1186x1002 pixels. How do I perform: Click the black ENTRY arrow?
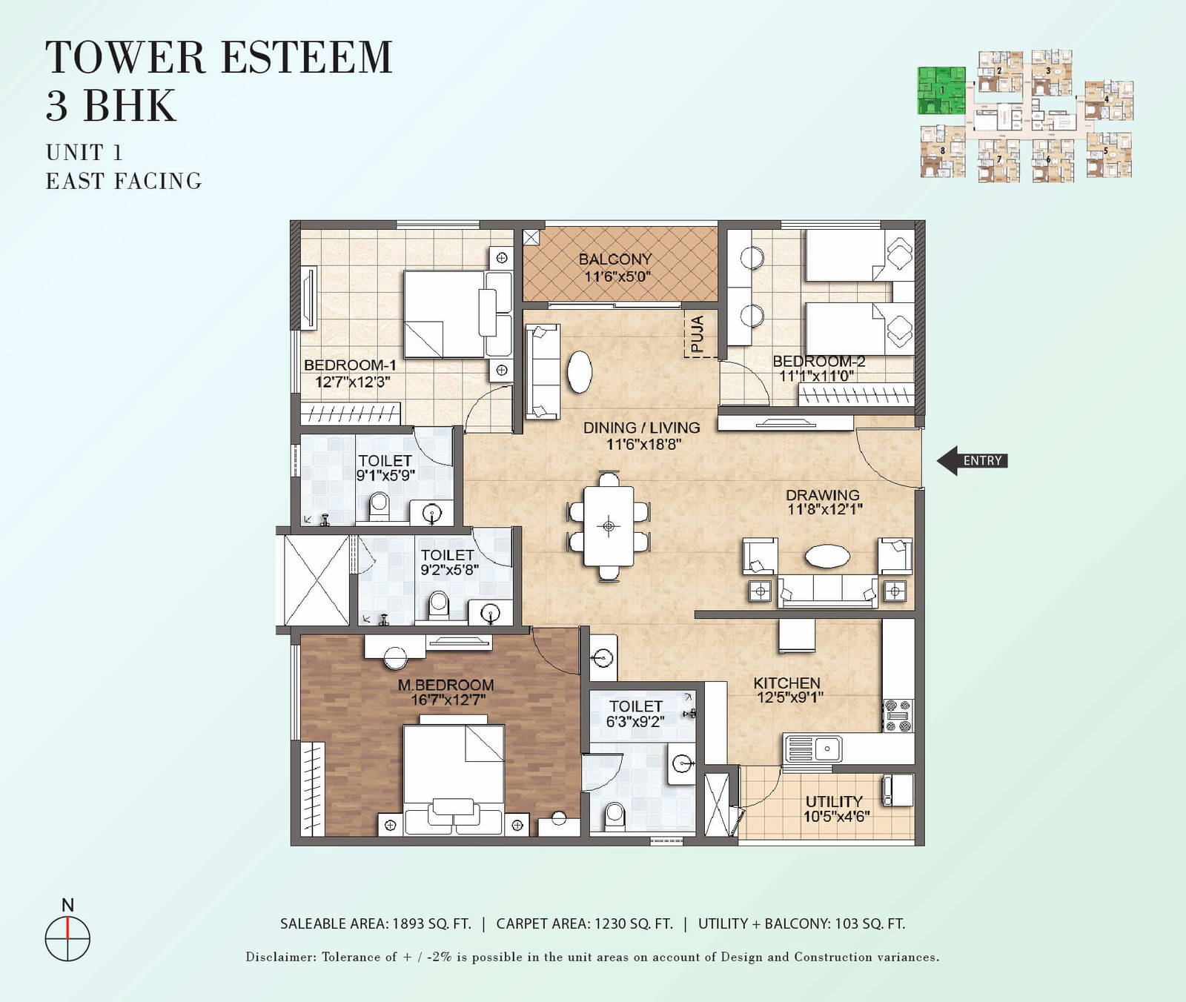pos(971,460)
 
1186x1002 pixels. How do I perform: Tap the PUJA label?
pos(698,334)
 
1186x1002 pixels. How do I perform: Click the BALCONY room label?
pos(615,259)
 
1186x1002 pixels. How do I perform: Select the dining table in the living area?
pos(609,526)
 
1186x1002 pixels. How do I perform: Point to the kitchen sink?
pos(813,749)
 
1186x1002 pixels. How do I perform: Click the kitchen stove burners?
pos(898,716)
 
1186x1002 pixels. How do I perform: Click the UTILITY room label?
pos(834,801)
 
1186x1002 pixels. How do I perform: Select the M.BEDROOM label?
pos(445,685)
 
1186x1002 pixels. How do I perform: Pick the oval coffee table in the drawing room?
pos(827,556)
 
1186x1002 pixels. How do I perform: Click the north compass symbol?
pos(67,938)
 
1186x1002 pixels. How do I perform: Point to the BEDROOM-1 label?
pos(350,365)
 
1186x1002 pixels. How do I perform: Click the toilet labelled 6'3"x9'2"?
pos(636,706)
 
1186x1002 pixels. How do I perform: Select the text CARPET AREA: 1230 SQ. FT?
pos(584,923)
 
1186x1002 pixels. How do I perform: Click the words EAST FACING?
pos(124,181)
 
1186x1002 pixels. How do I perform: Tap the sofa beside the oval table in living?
pos(543,371)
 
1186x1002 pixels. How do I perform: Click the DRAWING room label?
pos(823,495)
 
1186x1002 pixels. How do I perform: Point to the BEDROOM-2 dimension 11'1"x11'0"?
pos(816,376)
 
